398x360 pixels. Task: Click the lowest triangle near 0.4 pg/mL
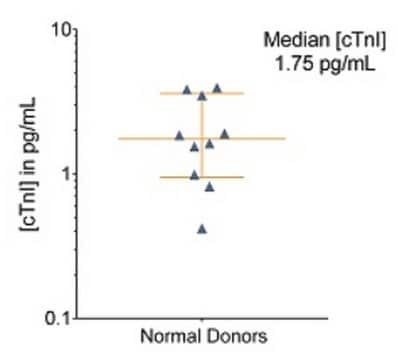tap(202, 229)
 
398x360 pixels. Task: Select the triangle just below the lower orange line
tap(209, 187)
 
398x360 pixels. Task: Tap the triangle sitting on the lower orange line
tap(195, 175)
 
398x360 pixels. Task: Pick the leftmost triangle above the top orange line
tap(186, 90)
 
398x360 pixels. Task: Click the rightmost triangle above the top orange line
tap(217, 88)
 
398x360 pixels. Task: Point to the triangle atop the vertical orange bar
tap(202, 97)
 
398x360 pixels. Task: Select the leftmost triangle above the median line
tap(180, 135)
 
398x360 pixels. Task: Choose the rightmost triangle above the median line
tap(224, 133)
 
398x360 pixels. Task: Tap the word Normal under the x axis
tap(165, 339)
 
